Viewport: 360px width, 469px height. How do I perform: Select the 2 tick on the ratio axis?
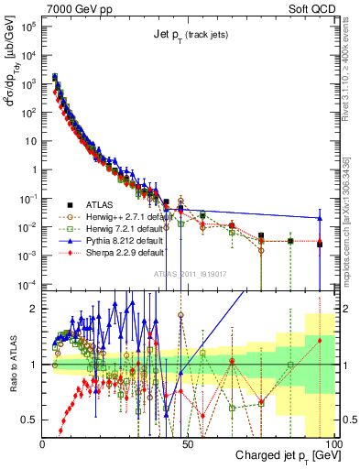[35, 308]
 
